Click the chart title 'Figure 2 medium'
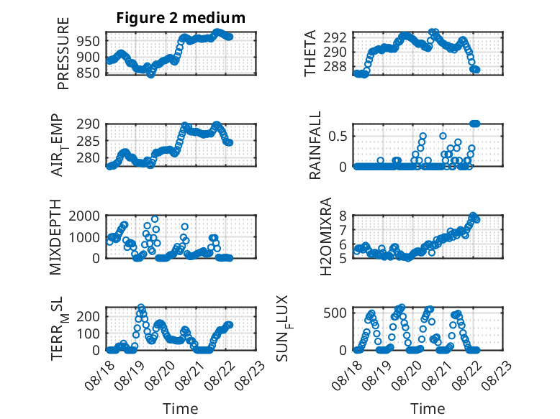(x=181, y=18)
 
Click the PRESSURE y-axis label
(x=63, y=53)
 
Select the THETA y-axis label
(x=310, y=53)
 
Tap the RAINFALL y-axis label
(x=315, y=145)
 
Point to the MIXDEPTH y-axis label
(x=55, y=236)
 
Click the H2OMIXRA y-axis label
(x=326, y=236)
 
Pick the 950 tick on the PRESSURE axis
(x=89, y=42)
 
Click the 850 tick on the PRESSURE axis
(x=89, y=73)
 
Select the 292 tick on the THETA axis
(x=335, y=37)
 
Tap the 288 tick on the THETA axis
(x=335, y=67)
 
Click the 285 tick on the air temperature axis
(x=89, y=141)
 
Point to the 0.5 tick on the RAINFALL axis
(x=338, y=137)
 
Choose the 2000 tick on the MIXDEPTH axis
(x=84, y=216)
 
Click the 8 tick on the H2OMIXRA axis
(x=343, y=216)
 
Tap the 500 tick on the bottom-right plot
(x=335, y=313)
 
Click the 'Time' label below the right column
(x=428, y=409)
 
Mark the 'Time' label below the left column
(x=181, y=409)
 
